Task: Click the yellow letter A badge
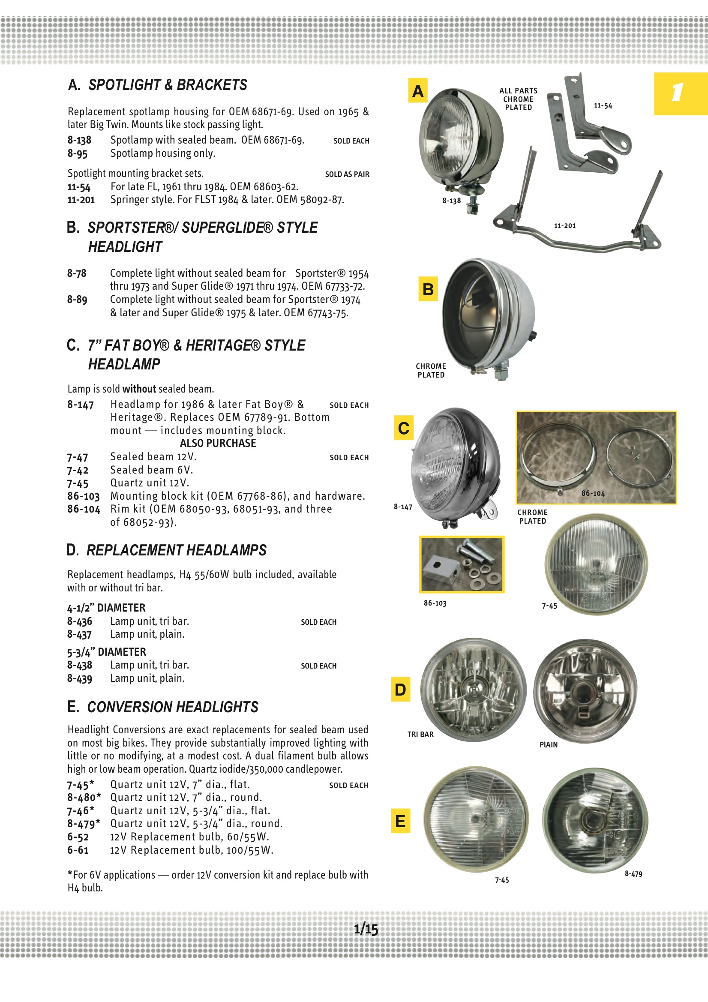point(417,90)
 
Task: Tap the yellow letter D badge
point(400,689)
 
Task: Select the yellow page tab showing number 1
point(680,93)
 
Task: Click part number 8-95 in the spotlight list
point(77,153)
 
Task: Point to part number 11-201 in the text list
point(81,200)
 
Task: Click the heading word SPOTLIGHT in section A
point(124,85)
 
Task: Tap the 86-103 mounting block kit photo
point(462,564)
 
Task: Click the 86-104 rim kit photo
point(596,457)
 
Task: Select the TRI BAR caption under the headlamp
point(420,735)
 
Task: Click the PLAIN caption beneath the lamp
point(548,744)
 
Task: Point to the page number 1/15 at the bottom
point(366,929)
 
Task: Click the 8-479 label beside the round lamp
point(633,874)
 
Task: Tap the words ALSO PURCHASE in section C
point(218,443)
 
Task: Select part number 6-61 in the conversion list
point(78,850)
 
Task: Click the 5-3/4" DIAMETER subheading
point(107,652)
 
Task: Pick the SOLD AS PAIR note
point(347,174)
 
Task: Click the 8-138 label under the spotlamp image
point(451,201)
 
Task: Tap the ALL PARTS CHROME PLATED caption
point(518,99)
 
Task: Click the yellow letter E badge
point(400,821)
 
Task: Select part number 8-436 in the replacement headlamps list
point(79,621)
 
